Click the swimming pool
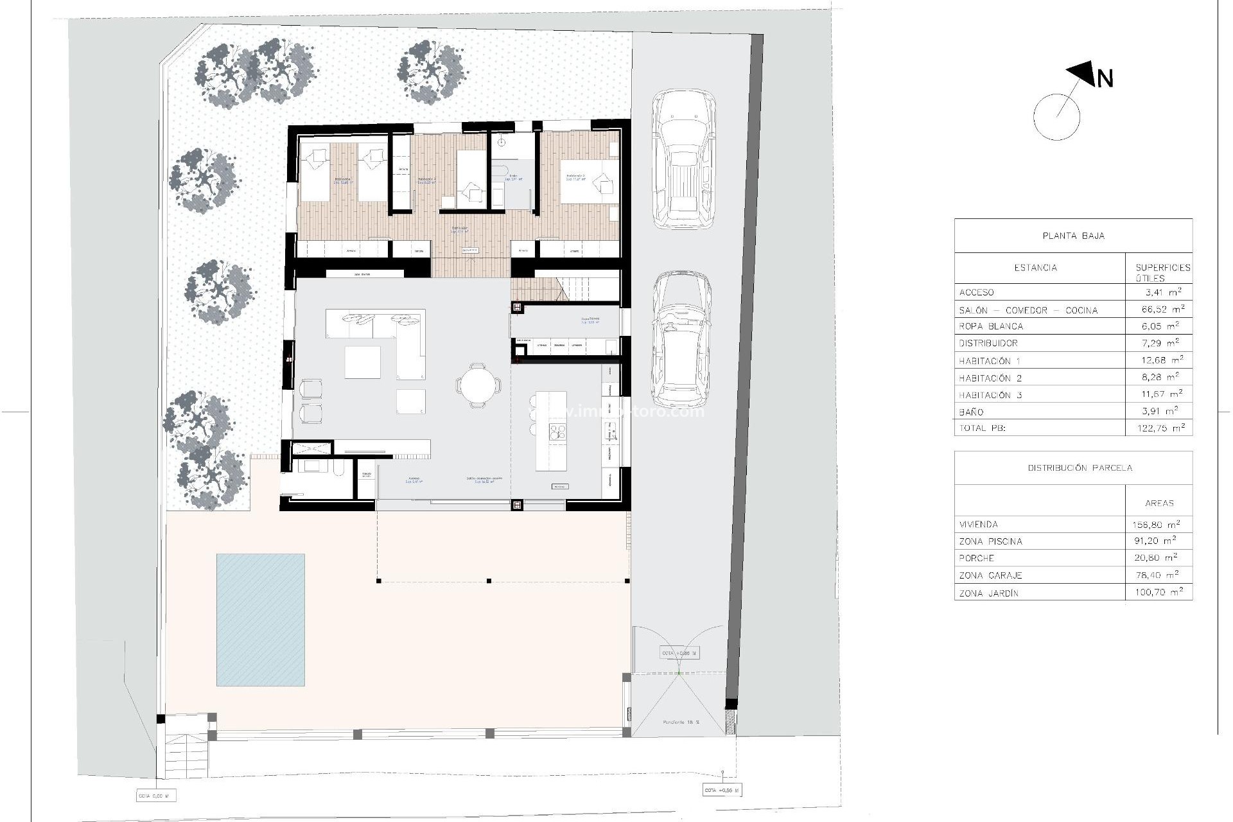click(x=260, y=620)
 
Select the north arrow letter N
click(x=1105, y=79)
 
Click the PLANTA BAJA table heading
click(x=1073, y=236)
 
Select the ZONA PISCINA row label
click(x=990, y=541)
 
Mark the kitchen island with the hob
click(x=552, y=431)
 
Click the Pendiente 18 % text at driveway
click(x=681, y=722)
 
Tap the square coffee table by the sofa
click(x=362, y=362)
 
